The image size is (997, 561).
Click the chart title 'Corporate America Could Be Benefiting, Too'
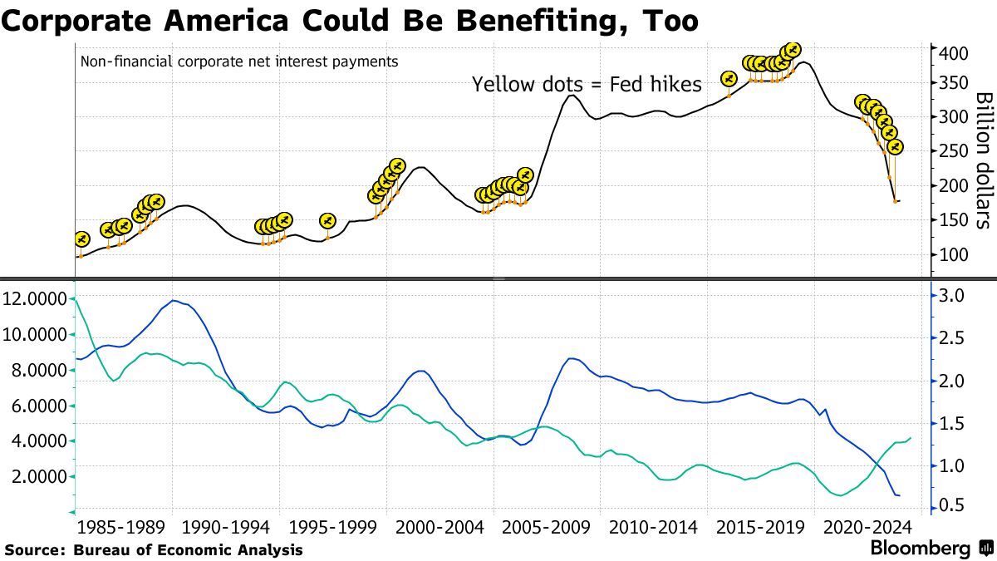349,20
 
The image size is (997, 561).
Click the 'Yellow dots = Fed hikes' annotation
587,84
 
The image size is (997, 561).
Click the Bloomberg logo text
920,549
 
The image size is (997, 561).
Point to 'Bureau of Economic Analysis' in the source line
188,550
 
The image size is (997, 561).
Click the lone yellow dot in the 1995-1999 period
327,220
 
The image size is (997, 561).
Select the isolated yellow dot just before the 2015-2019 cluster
729,78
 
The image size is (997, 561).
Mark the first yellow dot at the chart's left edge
81,239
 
